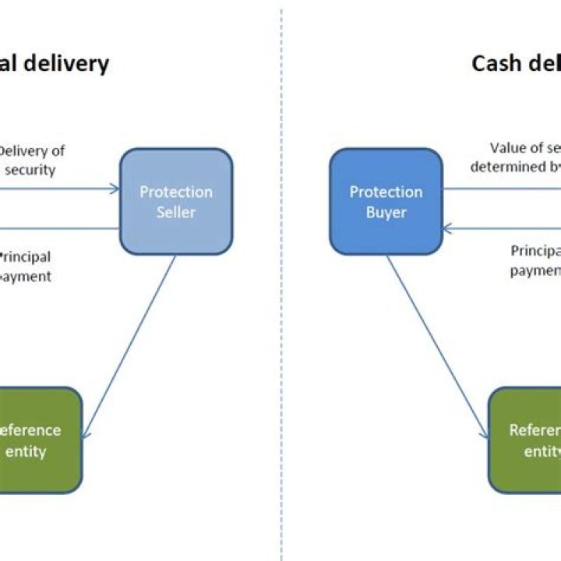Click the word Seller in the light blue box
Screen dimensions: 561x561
(176, 212)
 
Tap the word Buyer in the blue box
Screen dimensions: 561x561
(386, 212)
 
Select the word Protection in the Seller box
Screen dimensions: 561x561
(176, 192)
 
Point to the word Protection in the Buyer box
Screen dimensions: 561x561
(386, 192)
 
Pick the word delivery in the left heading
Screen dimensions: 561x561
(65, 63)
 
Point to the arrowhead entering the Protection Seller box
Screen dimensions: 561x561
(115, 188)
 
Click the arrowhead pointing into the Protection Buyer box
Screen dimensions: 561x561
(447, 228)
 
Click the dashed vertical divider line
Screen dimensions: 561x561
(281, 312)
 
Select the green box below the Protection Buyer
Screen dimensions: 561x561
(525, 440)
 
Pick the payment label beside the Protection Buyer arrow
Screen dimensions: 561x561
(536, 270)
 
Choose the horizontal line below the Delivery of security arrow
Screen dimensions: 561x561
(58, 229)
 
